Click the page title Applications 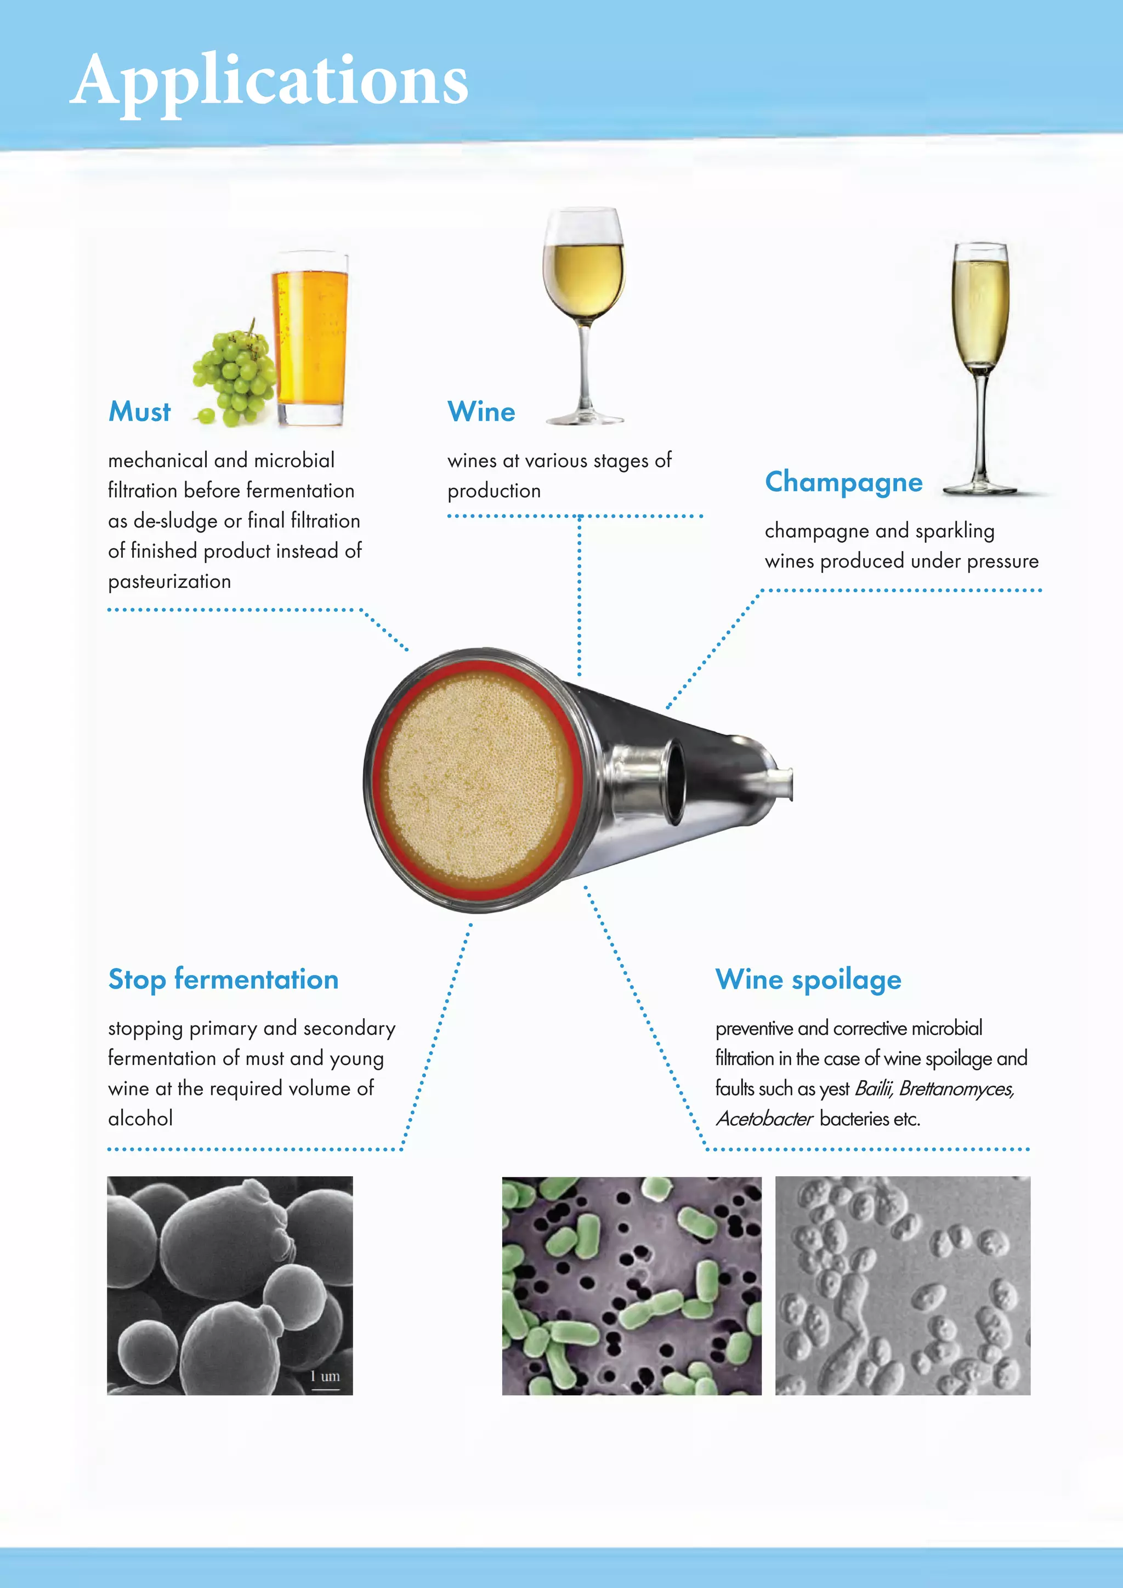tap(269, 82)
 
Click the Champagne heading tap(844, 482)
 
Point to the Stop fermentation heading tap(223, 979)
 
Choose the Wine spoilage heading tap(808, 979)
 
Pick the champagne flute tap(980, 367)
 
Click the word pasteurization tap(169, 582)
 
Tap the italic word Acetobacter tap(764, 1119)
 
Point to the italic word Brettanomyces tap(956, 1088)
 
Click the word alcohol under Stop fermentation tap(140, 1119)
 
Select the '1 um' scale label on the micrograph tap(325, 1376)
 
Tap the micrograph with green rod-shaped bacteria tap(631, 1286)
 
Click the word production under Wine tap(494, 491)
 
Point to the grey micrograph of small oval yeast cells tap(903, 1286)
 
